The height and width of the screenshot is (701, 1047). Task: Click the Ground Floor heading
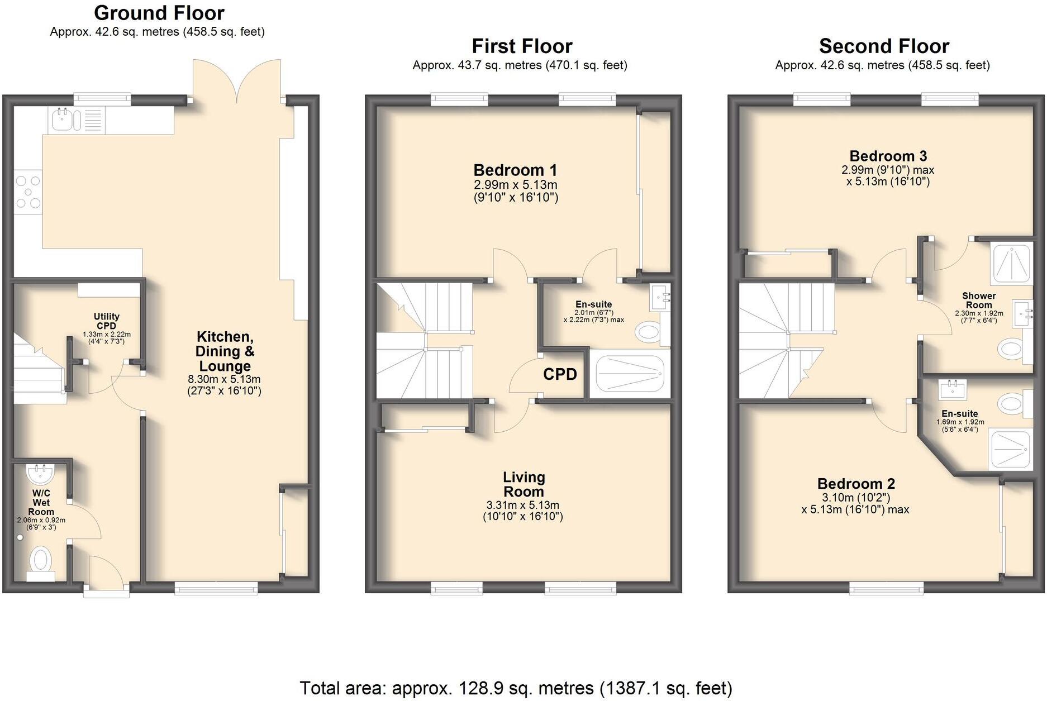[159, 13]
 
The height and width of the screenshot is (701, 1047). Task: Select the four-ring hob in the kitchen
[28, 192]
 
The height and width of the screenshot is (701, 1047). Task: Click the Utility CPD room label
[106, 321]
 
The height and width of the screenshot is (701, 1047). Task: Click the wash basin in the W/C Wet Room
[40, 475]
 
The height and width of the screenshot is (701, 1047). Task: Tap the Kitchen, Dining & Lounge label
[225, 351]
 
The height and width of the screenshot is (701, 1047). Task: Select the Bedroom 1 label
[515, 170]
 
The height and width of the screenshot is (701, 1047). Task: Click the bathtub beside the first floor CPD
[630, 374]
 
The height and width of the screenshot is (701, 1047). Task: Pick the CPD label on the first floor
[560, 374]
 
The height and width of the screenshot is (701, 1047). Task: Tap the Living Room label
[523, 484]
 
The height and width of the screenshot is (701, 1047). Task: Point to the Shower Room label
[979, 300]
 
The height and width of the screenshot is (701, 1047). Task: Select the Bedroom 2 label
[856, 484]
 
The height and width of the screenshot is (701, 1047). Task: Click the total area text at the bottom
[516, 688]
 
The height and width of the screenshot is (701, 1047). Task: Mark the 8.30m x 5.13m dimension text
[224, 379]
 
